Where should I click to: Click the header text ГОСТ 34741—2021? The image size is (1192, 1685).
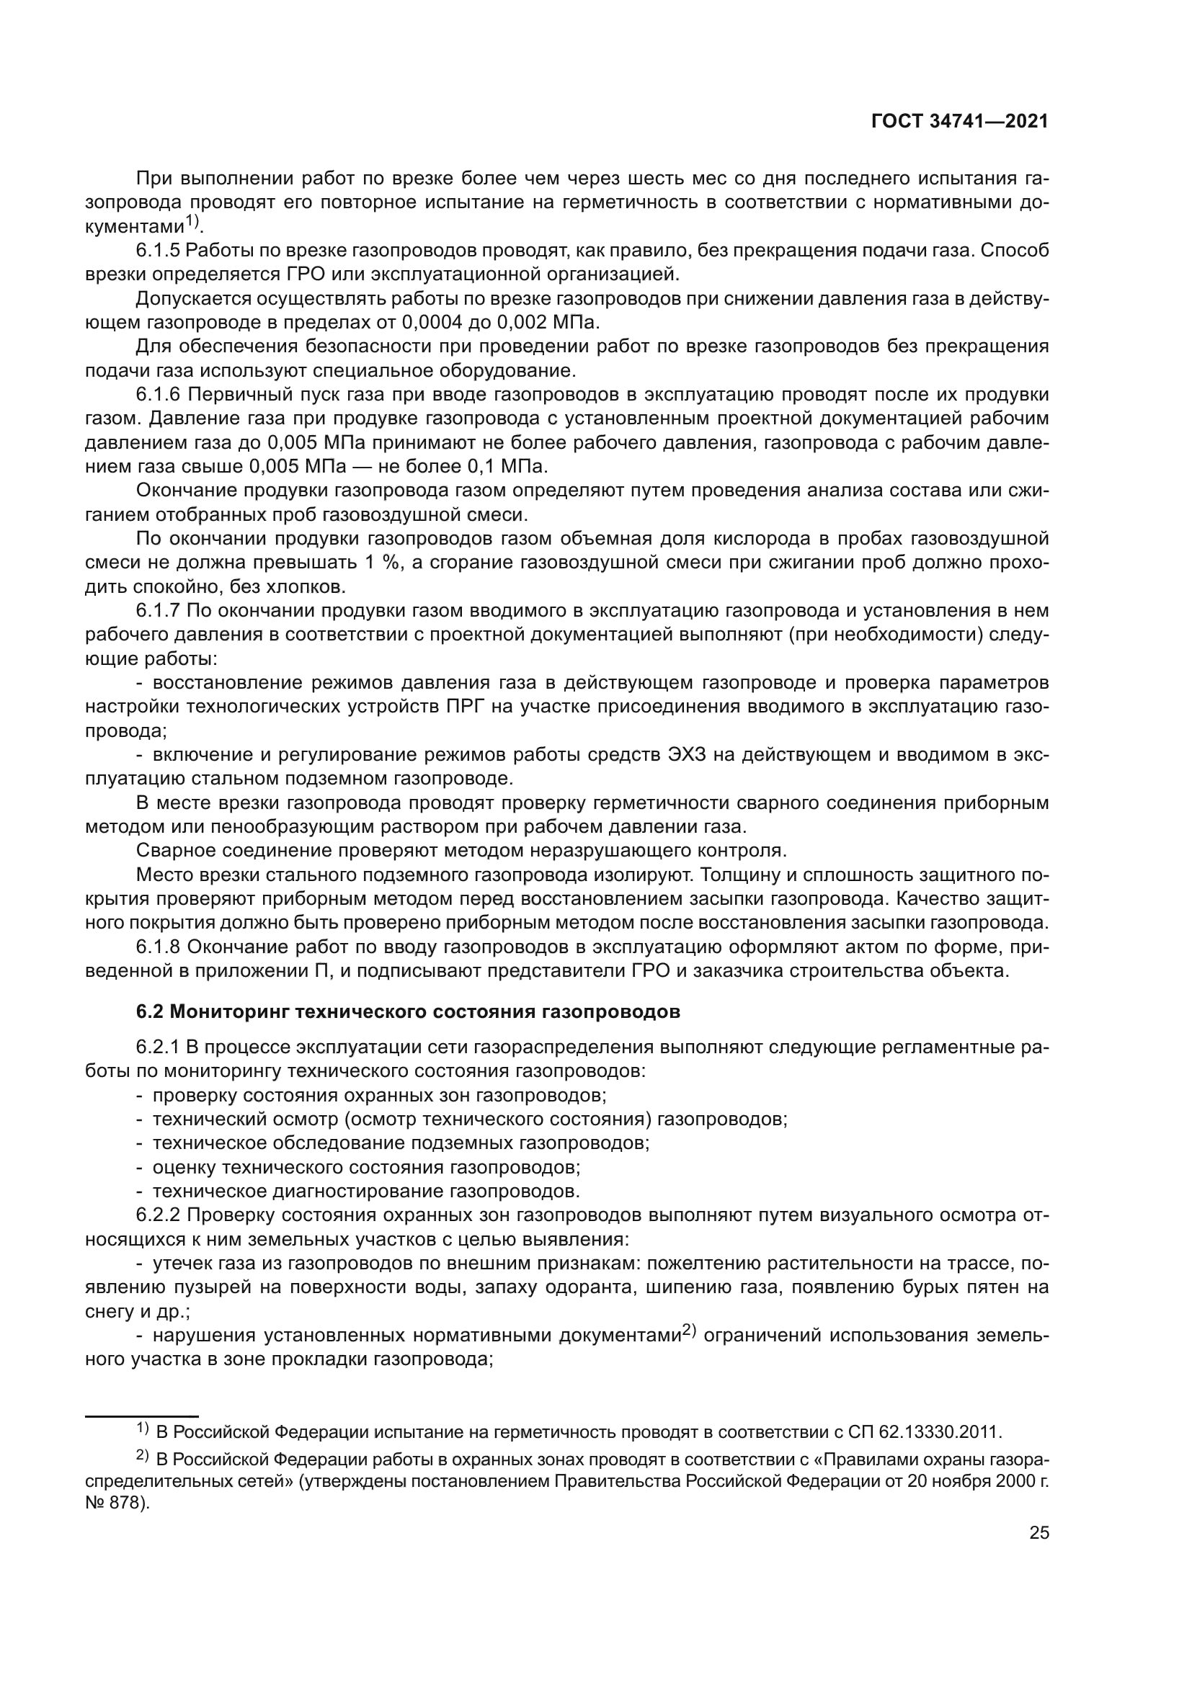(959, 122)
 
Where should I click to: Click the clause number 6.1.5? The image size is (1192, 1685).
(157, 251)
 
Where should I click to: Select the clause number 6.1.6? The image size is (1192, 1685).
(157, 395)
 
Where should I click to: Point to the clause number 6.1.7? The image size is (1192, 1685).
(157, 611)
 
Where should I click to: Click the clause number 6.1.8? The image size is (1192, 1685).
(157, 947)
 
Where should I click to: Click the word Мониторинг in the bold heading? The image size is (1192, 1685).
(228, 1012)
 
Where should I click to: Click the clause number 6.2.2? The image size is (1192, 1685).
(157, 1215)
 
